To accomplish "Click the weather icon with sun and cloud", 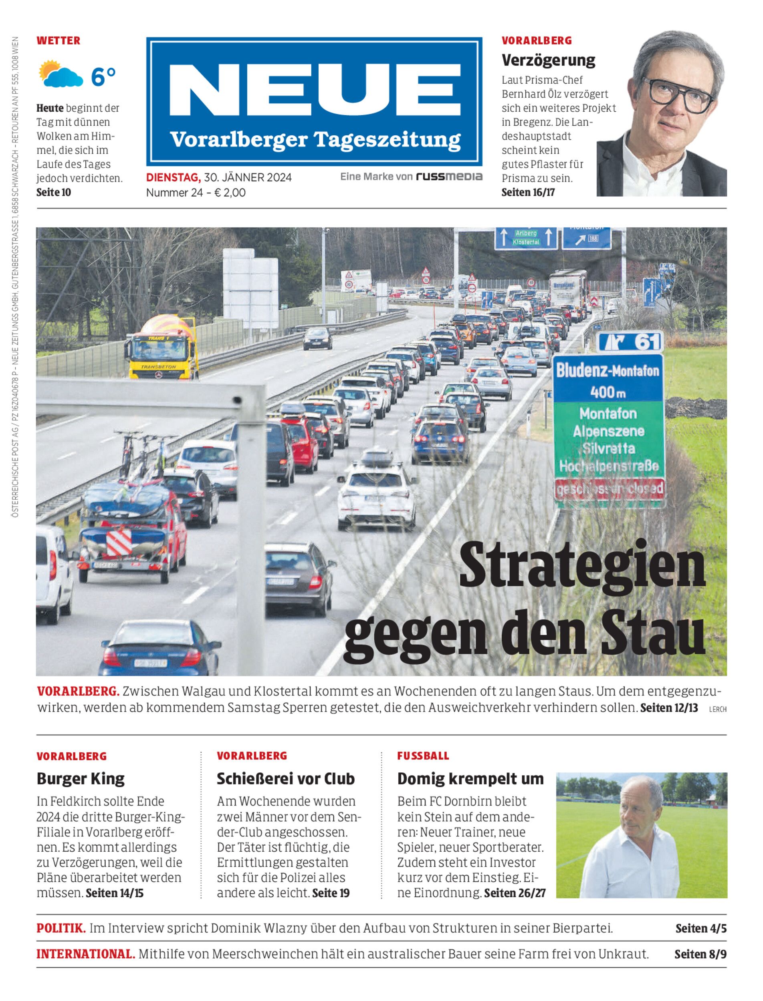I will [61, 74].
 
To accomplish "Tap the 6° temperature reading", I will [103, 76].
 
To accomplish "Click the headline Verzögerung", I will [548, 60].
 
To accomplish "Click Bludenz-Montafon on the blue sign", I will [608, 371].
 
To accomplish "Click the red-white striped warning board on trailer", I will [119, 542].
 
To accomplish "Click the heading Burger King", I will [81, 779].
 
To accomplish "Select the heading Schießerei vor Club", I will [285, 779].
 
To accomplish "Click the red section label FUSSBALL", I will [423, 756].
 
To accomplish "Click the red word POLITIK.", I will [61, 928].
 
